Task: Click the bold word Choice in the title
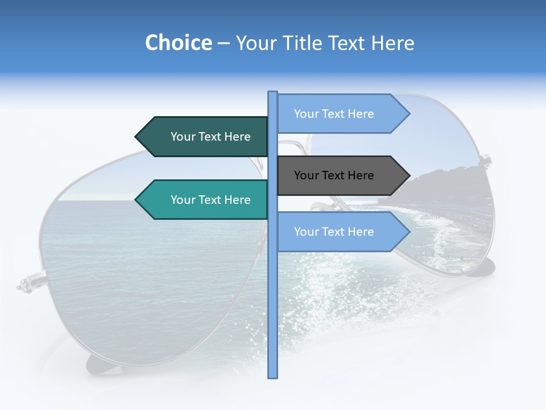(x=178, y=43)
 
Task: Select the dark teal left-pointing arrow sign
(x=205, y=137)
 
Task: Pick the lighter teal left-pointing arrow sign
(x=205, y=200)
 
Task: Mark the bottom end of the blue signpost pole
(x=272, y=376)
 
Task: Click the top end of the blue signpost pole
(x=272, y=93)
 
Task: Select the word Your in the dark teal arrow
(x=183, y=137)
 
